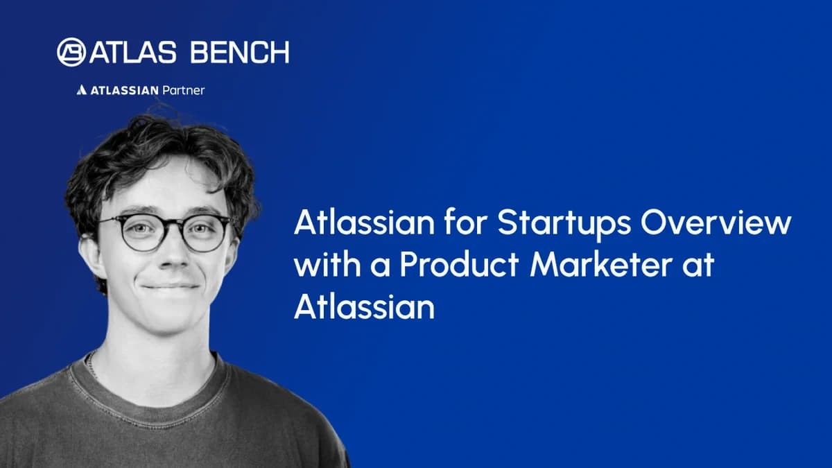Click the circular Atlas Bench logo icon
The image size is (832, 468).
click(x=72, y=52)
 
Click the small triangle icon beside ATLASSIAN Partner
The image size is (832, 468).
click(x=81, y=90)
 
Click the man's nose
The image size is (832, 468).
click(x=166, y=253)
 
